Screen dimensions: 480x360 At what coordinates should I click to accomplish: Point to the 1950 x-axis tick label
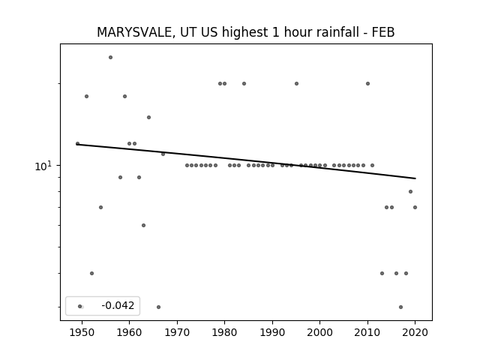[x=82, y=332]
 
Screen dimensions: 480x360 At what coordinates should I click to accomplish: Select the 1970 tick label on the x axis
[x=177, y=332]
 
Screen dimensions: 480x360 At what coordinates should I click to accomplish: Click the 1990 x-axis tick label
[x=272, y=332]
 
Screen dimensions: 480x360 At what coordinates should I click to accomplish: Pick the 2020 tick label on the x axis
[x=415, y=332]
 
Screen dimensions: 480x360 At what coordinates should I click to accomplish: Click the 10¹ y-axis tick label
[x=43, y=166]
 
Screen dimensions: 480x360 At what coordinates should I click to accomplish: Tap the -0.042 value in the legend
[x=118, y=305]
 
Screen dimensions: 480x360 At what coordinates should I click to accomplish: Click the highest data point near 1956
[x=110, y=57]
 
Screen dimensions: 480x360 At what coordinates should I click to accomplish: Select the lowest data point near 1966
[x=158, y=307]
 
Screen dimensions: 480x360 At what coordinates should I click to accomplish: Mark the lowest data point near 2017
[x=400, y=307]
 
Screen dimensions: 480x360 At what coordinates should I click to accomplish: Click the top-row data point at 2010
[x=367, y=83]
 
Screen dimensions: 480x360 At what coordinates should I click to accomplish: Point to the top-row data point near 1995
[x=296, y=83]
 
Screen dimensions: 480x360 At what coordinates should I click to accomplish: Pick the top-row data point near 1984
[x=244, y=83]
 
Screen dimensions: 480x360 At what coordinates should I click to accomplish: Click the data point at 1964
[x=148, y=117]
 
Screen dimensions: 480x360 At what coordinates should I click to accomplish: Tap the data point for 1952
[x=91, y=273]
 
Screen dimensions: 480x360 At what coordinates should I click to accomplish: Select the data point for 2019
[x=410, y=192]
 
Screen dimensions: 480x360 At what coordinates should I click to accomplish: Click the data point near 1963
[x=143, y=225]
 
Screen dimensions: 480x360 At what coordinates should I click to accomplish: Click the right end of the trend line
[x=415, y=178]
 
